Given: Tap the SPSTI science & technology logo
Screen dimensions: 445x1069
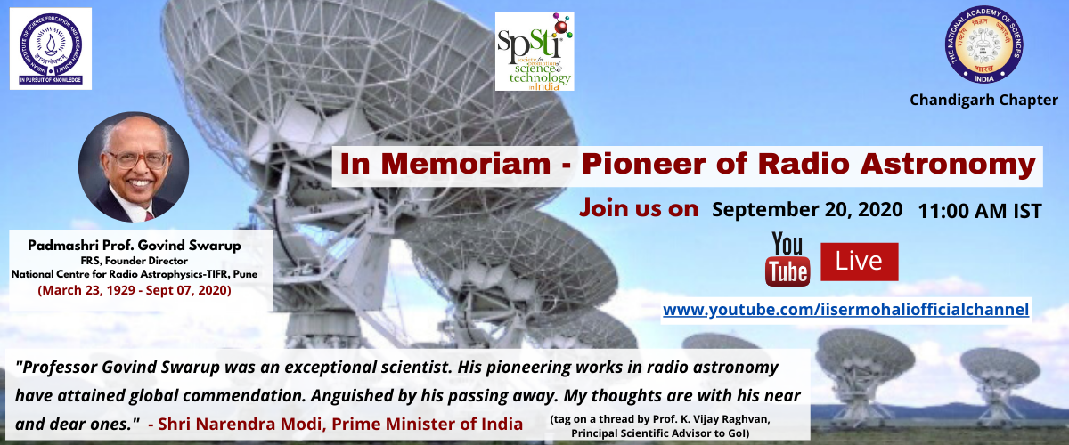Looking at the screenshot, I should [534, 51].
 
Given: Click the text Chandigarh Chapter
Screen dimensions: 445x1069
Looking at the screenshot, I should [983, 100].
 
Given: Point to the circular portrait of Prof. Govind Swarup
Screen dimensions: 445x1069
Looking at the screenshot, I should [134, 167].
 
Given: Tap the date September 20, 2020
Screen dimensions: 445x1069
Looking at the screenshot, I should [807, 210].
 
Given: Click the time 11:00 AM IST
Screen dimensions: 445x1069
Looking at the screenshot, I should [980, 211].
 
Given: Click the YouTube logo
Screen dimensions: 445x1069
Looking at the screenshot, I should [787, 260].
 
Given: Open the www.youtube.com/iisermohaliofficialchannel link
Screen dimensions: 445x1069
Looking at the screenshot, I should [845, 309].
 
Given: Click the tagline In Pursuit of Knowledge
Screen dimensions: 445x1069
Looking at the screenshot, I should [51, 80].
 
